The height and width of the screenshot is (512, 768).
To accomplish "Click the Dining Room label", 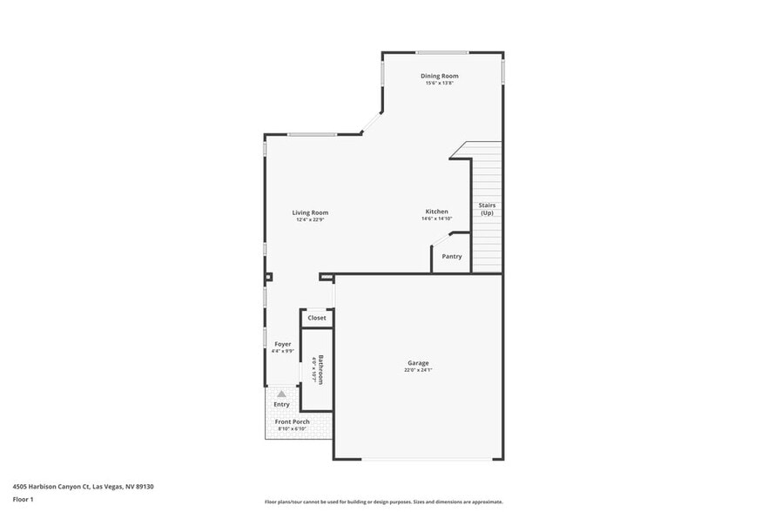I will tap(439, 76).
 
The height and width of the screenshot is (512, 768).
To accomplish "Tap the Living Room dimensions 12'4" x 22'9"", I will tap(310, 220).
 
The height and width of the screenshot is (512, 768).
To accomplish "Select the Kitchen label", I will tap(436, 212).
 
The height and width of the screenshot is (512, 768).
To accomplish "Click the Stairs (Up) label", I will tap(487, 209).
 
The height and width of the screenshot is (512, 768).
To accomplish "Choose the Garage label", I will tap(418, 363).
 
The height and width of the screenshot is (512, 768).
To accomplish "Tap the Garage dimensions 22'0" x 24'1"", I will tap(418, 370).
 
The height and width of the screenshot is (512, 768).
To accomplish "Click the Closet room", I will tap(317, 318).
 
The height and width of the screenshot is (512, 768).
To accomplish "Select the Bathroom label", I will tap(320, 369).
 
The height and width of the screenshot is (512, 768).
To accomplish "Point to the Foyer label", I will tap(282, 344).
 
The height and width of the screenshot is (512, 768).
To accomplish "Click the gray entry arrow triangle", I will tap(281, 394).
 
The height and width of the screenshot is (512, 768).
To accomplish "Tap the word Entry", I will tap(281, 404).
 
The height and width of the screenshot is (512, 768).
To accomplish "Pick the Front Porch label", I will tap(292, 421).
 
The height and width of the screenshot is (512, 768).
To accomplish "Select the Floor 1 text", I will tap(23, 499).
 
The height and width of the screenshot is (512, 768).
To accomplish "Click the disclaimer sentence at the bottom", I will tap(383, 502).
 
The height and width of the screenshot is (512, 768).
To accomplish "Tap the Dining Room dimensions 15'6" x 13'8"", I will tap(439, 84).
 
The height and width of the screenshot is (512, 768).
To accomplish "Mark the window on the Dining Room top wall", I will tap(441, 52).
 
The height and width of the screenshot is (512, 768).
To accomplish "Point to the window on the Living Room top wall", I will tap(312, 134).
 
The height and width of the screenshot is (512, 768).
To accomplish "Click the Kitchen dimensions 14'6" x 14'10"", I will tap(436, 219).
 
